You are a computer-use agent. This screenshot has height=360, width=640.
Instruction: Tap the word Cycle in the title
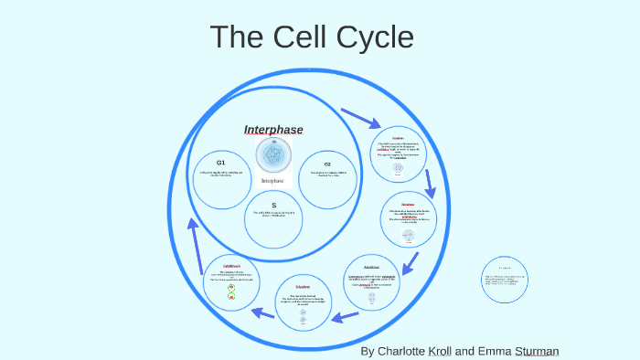(375, 37)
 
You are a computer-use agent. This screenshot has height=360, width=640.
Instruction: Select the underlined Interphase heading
(273, 130)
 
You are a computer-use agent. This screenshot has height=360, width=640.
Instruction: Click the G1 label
(220, 162)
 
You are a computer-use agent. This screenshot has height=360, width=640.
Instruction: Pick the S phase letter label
(273, 206)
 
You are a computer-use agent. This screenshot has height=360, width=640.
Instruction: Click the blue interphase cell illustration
(273, 156)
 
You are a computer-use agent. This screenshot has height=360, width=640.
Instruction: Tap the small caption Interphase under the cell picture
(273, 181)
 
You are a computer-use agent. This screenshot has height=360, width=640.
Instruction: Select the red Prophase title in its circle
(398, 138)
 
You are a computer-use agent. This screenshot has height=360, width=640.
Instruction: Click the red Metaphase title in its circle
(408, 205)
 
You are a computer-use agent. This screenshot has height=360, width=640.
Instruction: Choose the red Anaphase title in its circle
(370, 267)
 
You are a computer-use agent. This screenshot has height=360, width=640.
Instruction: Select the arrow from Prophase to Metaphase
(430, 182)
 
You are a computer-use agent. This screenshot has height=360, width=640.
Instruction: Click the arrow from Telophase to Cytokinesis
(262, 313)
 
